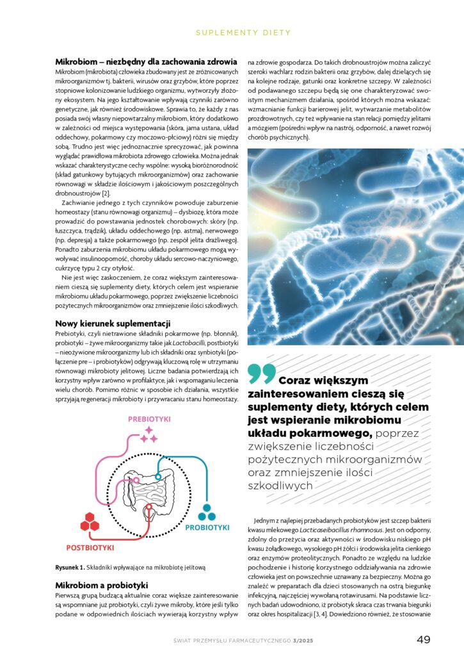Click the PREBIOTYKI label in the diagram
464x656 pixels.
[x=148, y=419]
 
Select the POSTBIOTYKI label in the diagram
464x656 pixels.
[x=90, y=548]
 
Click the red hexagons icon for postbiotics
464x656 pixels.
[x=90, y=523]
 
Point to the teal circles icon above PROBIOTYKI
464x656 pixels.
[x=205, y=512]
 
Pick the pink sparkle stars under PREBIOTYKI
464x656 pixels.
[x=148, y=434]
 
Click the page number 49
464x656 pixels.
[x=423, y=639]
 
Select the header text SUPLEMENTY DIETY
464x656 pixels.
[x=243, y=32]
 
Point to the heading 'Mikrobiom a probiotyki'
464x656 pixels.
[x=102, y=585]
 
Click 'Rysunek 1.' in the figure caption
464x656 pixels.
[x=71, y=568]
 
